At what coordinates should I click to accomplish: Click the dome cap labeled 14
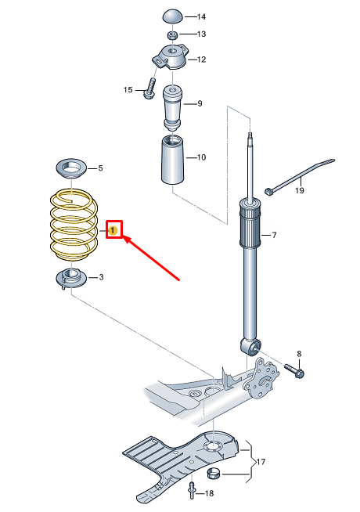pyautogui.click(x=173, y=16)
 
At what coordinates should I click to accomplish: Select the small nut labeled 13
pyautogui.click(x=172, y=34)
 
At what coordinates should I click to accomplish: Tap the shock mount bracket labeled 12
pyautogui.click(x=171, y=57)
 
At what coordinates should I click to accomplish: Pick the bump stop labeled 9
pyautogui.click(x=172, y=106)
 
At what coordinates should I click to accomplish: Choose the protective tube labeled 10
pyautogui.click(x=172, y=160)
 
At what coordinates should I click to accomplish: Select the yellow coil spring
pyautogui.click(x=74, y=225)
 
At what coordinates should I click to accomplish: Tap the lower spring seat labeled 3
pyautogui.click(x=70, y=279)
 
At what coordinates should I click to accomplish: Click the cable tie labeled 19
pyautogui.click(x=301, y=176)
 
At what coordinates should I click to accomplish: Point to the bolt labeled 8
pyautogui.click(x=294, y=371)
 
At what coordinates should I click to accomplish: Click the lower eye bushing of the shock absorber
pyautogui.click(x=250, y=347)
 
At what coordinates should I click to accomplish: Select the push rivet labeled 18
pyautogui.click(x=192, y=491)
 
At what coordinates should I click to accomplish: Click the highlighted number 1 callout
pyautogui.click(x=113, y=231)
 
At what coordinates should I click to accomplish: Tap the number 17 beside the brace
pyautogui.click(x=261, y=462)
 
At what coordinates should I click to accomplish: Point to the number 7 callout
pyautogui.click(x=274, y=235)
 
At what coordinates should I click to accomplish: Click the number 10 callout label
pyautogui.click(x=201, y=157)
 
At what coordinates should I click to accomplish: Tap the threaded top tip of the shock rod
pyautogui.click(x=250, y=136)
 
